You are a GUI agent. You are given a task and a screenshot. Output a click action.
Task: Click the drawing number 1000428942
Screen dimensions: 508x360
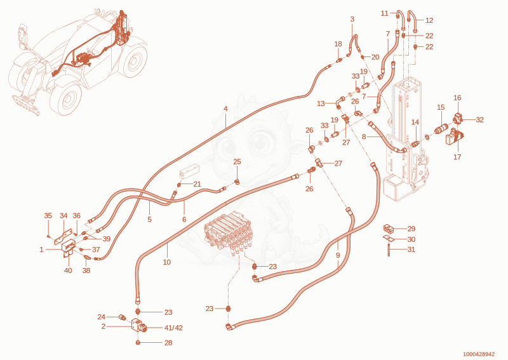(479, 354)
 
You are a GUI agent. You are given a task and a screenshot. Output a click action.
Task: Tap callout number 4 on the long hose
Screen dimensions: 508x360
(225, 109)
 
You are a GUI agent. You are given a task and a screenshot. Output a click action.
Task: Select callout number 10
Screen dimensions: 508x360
(166, 262)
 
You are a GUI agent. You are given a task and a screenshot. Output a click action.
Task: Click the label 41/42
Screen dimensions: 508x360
(173, 328)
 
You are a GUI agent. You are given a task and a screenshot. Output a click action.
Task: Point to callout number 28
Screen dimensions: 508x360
(168, 343)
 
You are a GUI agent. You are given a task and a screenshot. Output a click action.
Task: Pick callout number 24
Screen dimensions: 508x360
(102, 317)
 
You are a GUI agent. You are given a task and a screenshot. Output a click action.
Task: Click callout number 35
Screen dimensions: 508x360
(48, 216)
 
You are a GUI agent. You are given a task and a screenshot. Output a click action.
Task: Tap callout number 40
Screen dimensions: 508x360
(68, 270)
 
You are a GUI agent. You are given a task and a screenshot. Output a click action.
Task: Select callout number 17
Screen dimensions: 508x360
(457, 157)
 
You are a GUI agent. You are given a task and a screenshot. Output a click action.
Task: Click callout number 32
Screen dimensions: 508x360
(479, 120)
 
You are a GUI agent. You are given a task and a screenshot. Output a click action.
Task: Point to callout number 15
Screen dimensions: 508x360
(441, 107)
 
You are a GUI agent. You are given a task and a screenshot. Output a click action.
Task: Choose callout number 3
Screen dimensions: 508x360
(352, 19)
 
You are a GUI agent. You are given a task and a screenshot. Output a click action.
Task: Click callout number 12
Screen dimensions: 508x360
(429, 20)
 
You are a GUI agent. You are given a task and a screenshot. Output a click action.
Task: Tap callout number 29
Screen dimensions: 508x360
(411, 229)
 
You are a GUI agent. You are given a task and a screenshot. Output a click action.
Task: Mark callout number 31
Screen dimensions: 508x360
(411, 250)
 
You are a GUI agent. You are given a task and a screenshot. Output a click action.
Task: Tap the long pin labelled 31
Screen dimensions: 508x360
(389, 248)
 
